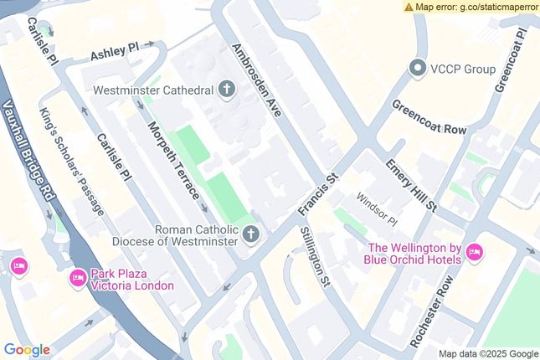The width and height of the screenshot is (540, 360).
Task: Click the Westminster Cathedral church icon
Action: click(x=227, y=89)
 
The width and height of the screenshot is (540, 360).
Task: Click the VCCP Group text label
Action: click(x=463, y=69)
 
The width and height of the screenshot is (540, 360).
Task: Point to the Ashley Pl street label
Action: click(x=114, y=53)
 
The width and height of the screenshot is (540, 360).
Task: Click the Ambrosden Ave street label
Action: click(x=257, y=80)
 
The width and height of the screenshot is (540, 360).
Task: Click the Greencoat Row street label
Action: click(x=429, y=118)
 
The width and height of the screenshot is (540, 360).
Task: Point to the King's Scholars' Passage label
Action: click(x=72, y=162)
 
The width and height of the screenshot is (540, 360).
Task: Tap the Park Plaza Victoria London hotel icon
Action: click(x=78, y=277)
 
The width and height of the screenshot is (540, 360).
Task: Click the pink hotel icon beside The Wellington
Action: click(x=475, y=252)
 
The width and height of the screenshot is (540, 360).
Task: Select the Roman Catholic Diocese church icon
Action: click(x=250, y=234)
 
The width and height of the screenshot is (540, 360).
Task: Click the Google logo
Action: click(x=27, y=350)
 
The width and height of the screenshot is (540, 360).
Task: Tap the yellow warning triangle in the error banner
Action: click(x=409, y=7)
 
